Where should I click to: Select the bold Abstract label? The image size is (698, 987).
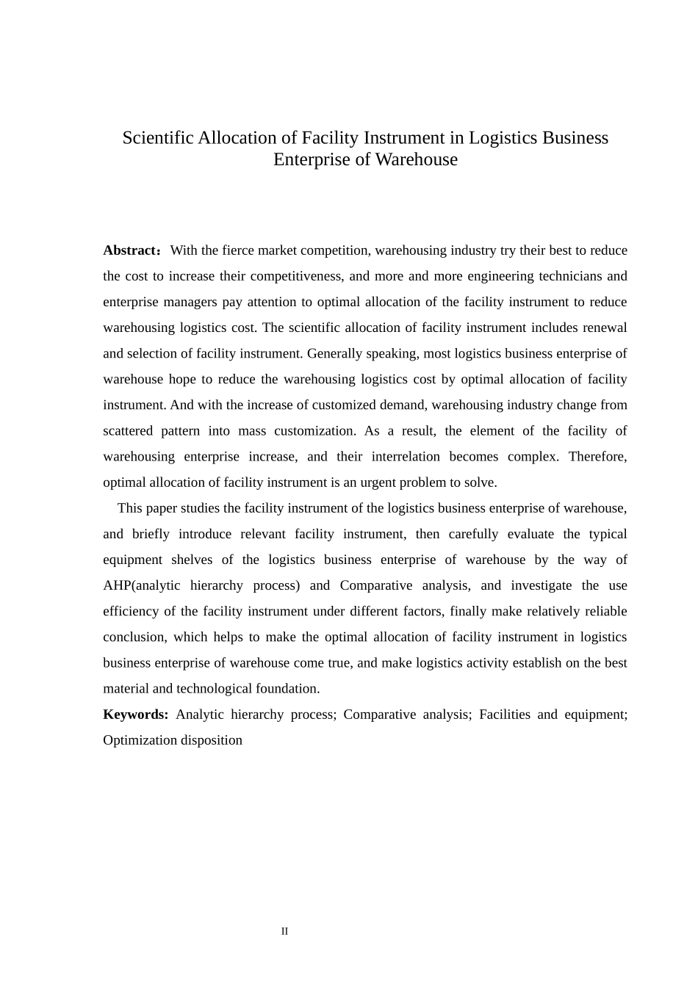(x=130, y=250)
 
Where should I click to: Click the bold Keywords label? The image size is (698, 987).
(x=135, y=715)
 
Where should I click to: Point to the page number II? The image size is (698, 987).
(x=284, y=931)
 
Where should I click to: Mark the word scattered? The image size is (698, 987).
(x=127, y=430)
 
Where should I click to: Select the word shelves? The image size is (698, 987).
(x=192, y=560)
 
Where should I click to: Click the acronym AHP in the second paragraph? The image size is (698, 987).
(x=116, y=585)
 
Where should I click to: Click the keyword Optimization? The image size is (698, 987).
(x=140, y=740)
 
